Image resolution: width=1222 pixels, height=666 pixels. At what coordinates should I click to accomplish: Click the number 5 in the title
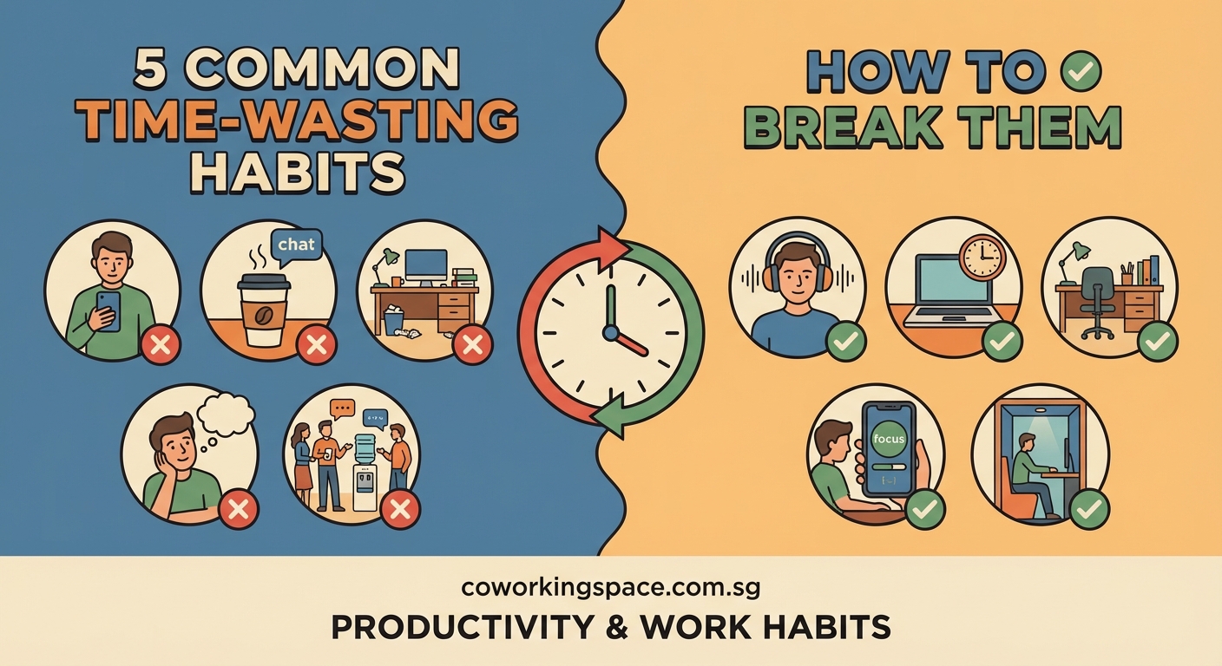153,69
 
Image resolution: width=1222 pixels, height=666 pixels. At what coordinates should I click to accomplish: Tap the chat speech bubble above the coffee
296,245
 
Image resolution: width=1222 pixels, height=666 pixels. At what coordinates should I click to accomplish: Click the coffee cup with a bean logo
263,309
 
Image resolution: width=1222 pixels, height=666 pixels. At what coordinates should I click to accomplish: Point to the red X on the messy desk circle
472,345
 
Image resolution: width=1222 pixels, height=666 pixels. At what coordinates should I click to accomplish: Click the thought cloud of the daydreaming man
226,414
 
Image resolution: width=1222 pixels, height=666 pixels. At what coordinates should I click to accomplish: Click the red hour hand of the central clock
630,344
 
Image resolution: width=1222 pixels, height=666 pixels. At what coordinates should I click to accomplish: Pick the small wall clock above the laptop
982,256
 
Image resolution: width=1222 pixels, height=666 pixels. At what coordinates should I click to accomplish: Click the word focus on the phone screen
889,439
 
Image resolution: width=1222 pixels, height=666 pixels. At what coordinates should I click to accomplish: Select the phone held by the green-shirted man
108,310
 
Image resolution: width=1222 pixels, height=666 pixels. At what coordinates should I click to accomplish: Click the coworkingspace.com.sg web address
611,587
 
